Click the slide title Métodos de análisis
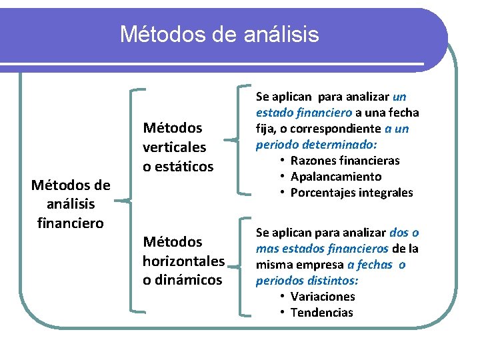(x=219, y=33)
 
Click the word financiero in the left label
(x=71, y=222)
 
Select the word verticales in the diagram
(x=175, y=147)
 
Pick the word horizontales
(x=183, y=261)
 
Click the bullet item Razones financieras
(x=345, y=161)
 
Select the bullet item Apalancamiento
(x=336, y=177)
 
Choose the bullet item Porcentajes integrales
(x=351, y=193)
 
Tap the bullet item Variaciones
(x=323, y=297)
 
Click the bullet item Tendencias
(x=322, y=313)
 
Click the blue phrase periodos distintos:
(x=307, y=281)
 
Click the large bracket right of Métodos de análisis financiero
(x=131, y=200)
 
